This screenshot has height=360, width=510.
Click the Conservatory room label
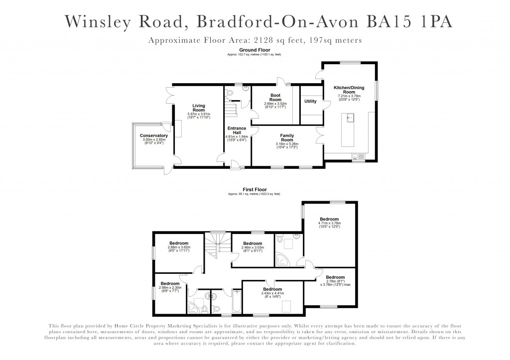point(153,135)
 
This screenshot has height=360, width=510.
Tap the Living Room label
point(199,108)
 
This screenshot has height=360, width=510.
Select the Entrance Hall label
point(236,131)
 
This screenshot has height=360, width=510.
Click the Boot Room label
point(275,97)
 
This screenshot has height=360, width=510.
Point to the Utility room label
point(310,102)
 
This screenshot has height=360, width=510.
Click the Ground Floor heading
point(255,50)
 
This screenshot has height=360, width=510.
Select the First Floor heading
point(255,190)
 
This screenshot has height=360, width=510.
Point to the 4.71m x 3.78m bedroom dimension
point(329,224)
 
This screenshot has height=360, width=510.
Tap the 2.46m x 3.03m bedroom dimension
point(253,247)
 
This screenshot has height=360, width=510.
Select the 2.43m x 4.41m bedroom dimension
point(272,293)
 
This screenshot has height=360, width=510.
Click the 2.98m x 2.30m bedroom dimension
point(170,287)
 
